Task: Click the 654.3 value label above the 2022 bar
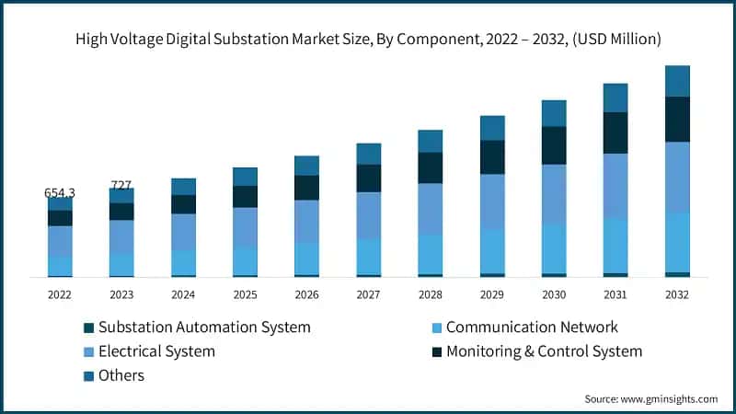pos(60,193)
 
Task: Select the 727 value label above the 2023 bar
pos(121,185)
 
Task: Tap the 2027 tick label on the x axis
pos(368,293)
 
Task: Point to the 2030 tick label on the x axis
pos(553,293)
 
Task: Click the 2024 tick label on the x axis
pos(183,293)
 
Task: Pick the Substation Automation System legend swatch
pos(88,328)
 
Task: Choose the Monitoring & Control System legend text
pos(544,351)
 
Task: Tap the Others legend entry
pos(121,375)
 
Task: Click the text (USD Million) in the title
pos(609,39)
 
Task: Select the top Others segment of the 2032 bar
pos(677,81)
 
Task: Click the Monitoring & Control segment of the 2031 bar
pos(615,132)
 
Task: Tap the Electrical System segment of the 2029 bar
pos(492,201)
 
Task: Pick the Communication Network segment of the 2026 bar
pos(306,259)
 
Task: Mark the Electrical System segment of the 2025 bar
pos(245,227)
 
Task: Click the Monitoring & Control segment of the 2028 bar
pos(430,167)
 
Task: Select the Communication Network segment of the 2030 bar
pos(553,248)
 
